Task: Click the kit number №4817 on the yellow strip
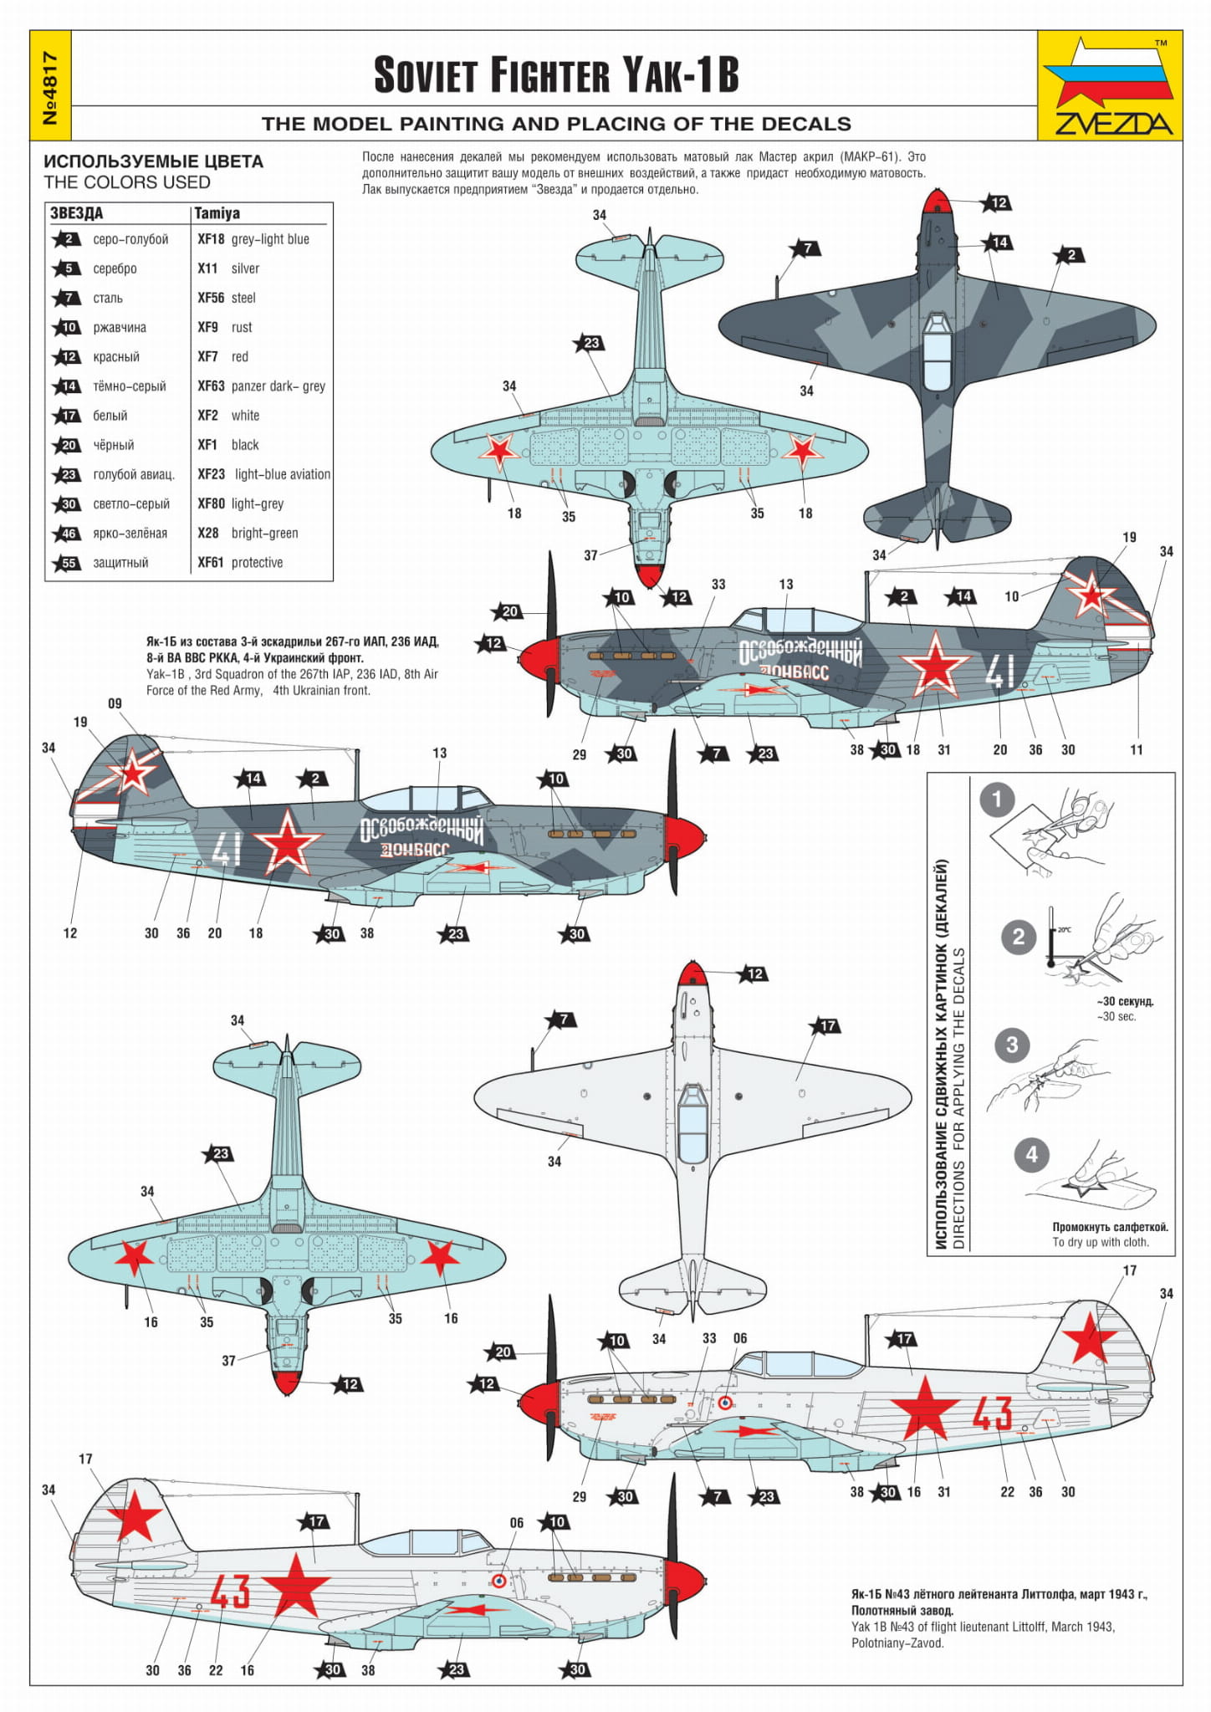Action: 50,86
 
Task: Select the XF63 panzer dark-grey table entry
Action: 261,386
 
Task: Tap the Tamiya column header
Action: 217,213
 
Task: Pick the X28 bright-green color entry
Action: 248,534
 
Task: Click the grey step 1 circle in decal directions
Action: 995,800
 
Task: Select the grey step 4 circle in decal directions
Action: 1031,1155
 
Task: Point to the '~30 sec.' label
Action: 1116,1016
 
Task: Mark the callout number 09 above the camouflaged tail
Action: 115,703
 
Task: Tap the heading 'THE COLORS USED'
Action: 127,182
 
